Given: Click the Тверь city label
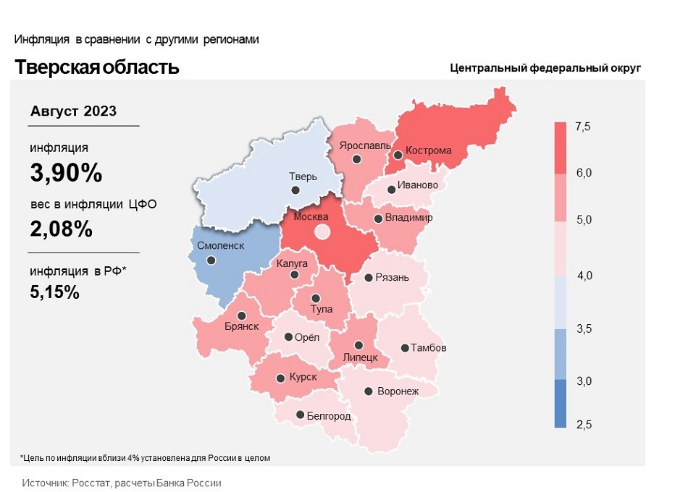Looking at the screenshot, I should [x=302, y=177].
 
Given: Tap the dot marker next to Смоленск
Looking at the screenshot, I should [x=211, y=260].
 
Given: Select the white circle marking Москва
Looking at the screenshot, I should [x=322, y=232].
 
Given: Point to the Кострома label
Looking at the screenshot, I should [x=429, y=151].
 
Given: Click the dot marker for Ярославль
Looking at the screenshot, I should [x=356, y=159].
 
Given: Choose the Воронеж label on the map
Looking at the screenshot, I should [x=398, y=391].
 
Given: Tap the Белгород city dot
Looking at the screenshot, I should [x=301, y=415].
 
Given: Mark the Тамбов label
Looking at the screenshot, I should [x=429, y=348].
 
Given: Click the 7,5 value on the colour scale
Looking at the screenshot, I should [x=583, y=127].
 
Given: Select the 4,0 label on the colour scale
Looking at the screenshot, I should [x=583, y=276].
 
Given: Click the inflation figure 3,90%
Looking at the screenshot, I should [x=66, y=174].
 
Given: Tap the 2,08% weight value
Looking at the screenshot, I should [x=62, y=229].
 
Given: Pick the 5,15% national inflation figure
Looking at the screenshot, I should [x=55, y=292].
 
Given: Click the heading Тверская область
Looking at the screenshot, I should [x=97, y=67].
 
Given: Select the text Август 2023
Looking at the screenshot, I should [x=73, y=111].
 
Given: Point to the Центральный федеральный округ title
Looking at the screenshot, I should [x=545, y=69].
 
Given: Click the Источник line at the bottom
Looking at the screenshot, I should [x=122, y=482].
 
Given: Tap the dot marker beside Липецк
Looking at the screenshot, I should [x=358, y=345].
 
